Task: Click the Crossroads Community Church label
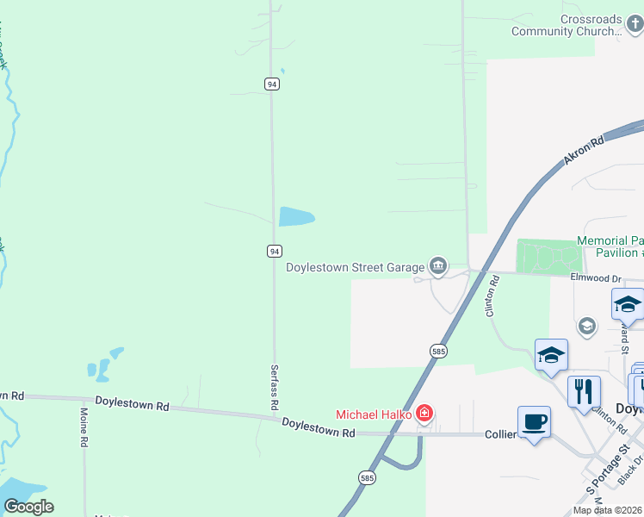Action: click(567, 25)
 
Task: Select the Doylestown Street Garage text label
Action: click(356, 267)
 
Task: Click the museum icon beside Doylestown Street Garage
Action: click(438, 267)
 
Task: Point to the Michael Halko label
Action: click(374, 414)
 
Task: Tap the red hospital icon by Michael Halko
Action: click(424, 414)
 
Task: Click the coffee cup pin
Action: click(534, 422)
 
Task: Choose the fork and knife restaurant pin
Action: click(584, 391)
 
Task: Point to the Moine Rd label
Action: click(84, 431)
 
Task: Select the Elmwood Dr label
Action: click(596, 278)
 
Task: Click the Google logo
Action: click(28, 507)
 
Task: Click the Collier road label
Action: click(499, 434)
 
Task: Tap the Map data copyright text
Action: click(608, 510)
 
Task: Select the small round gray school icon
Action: click(587, 326)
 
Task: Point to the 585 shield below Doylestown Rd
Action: click(366, 477)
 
